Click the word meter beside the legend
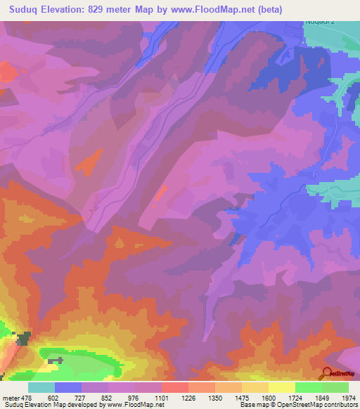click(x=11, y=398)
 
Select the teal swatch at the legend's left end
click(x=41, y=387)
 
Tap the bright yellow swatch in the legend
click(x=281, y=387)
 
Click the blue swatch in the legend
click(x=68, y=387)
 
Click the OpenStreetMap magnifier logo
click(x=328, y=372)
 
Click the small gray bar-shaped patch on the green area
click(x=56, y=361)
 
